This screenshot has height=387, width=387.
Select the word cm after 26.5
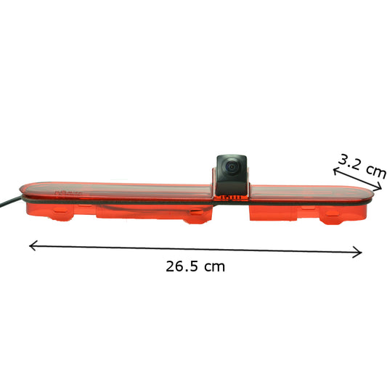tap(214, 266)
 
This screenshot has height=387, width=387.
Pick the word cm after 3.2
tap(375, 171)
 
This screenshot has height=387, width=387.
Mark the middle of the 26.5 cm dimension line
tap(195, 249)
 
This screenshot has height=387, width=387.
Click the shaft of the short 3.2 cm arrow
tap(357, 179)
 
